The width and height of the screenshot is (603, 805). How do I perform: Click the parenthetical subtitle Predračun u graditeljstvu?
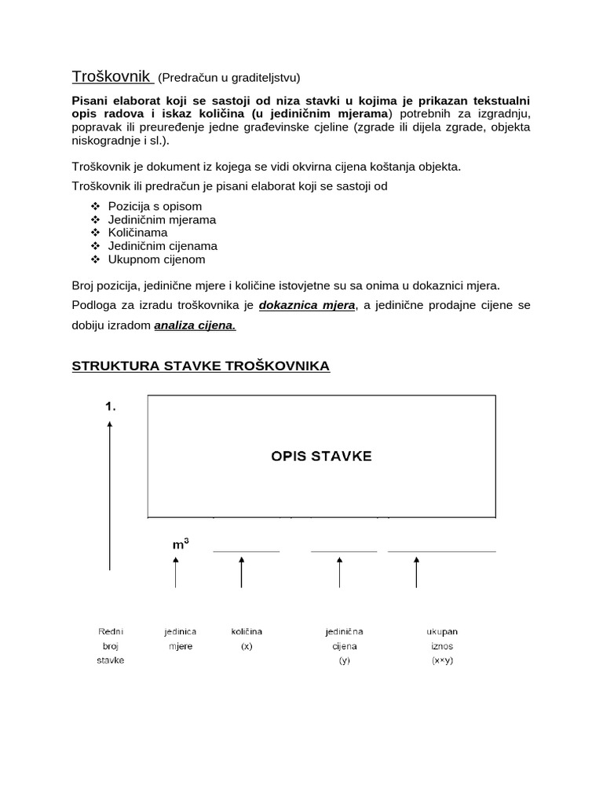click(x=229, y=78)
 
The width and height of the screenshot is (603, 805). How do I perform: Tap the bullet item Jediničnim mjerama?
click(x=162, y=219)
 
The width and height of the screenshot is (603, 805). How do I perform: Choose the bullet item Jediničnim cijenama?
click(x=163, y=246)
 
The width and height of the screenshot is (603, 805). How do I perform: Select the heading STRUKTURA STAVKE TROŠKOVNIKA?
click(x=201, y=366)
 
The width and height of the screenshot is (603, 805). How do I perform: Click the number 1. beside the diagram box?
click(x=111, y=407)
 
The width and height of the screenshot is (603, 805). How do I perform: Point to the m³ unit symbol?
click(x=180, y=543)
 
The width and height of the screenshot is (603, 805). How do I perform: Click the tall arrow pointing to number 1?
click(x=110, y=495)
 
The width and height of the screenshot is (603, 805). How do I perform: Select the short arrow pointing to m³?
click(x=176, y=572)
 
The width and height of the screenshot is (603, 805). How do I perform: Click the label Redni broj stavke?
click(x=111, y=645)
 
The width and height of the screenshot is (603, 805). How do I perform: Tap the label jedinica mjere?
click(x=180, y=638)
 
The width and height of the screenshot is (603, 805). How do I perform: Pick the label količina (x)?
click(x=247, y=638)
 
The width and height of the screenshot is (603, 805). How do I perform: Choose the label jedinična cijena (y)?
click(x=344, y=645)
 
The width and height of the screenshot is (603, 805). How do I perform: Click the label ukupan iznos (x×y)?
click(x=442, y=645)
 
